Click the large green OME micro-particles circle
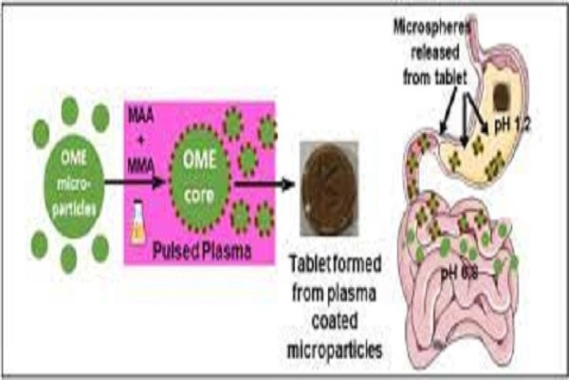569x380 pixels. click(69, 183)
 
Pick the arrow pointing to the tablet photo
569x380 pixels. click(261, 183)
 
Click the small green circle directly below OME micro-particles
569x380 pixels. click(69, 256)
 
